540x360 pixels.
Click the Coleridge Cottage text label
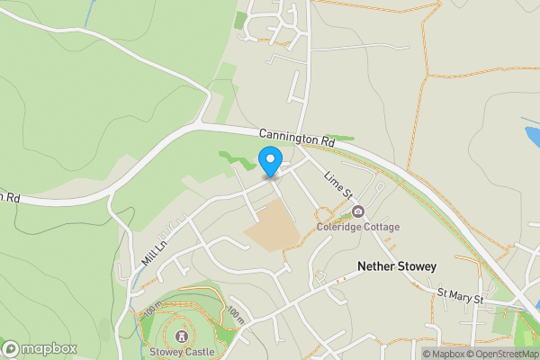click(358, 227)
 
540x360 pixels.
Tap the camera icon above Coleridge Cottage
click(358, 211)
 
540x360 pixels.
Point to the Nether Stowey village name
click(396, 266)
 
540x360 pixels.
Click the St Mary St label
click(460, 295)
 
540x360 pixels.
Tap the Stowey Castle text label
click(182, 352)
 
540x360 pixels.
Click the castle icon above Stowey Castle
click(182, 336)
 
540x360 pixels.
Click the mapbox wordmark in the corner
click(40, 348)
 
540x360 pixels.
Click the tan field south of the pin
click(273, 226)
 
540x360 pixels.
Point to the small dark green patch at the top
click(240, 20)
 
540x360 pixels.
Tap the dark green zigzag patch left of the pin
click(236, 161)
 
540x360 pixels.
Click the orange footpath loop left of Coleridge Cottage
click(322, 216)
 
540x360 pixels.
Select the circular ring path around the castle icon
click(182, 319)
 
